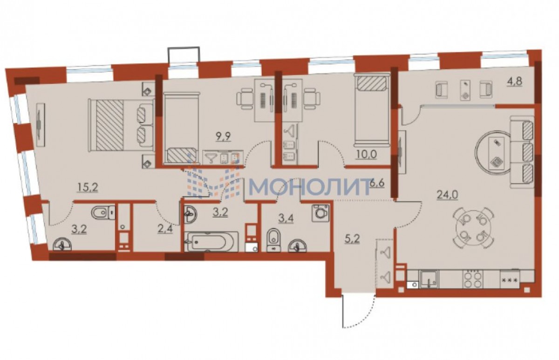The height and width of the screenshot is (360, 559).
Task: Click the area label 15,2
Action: click(88, 187)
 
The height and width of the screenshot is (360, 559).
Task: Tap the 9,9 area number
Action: click(223, 137)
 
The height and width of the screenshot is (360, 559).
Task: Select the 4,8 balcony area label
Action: click(514, 82)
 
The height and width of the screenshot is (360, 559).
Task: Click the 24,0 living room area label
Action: click(447, 195)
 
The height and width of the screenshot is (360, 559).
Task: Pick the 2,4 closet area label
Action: click(165, 229)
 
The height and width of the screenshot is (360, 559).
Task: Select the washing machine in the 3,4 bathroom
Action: click(320, 213)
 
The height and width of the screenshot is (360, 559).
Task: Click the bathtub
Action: click(211, 242)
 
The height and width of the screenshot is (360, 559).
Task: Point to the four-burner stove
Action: click(473, 279)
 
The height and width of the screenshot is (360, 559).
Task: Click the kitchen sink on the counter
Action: click(429, 279)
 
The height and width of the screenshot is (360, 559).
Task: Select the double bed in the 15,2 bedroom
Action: click(121, 125)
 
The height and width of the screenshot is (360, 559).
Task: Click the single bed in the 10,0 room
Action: click(372, 109)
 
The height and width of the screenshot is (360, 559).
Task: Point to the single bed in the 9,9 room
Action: click(181, 128)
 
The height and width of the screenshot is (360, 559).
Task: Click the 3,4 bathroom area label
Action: click(286, 218)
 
